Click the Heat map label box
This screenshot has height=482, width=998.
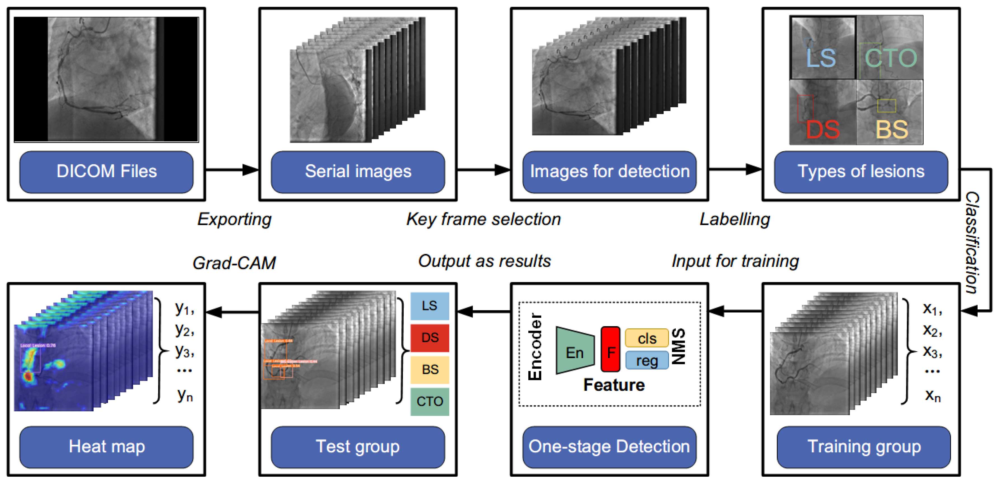point(106,447)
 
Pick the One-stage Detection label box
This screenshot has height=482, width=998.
point(609,447)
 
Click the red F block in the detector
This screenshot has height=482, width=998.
point(611,349)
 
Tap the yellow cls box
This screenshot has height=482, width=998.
point(647,338)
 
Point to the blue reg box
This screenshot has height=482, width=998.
point(647,361)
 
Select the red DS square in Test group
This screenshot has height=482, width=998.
point(430,337)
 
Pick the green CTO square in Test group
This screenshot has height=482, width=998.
point(430,401)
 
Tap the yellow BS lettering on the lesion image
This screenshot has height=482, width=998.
point(891,130)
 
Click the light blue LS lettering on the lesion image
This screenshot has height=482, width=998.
point(821,58)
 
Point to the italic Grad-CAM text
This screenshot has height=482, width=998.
point(234,263)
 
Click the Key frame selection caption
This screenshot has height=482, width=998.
point(483,219)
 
